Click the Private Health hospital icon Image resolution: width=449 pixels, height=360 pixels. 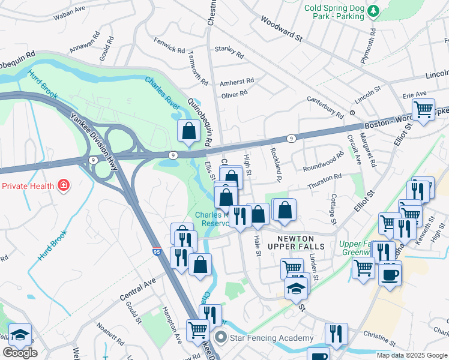[63, 185]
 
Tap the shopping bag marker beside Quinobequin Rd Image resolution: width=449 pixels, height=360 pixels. [188, 131]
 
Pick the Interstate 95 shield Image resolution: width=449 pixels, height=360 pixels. [156, 253]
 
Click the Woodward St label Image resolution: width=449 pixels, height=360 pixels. [281, 28]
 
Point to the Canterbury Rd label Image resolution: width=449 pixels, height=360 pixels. [325, 107]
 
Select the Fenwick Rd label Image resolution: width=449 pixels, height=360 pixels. [169, 46]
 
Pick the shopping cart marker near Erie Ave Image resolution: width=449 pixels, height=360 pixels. [424, 110]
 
